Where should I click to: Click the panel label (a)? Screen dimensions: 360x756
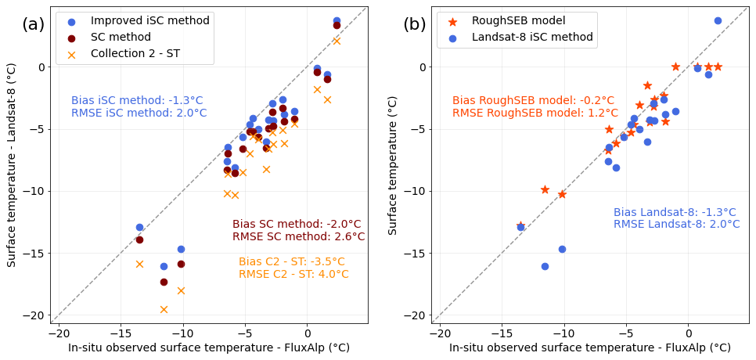point(33,24)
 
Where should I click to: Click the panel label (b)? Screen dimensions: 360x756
point(414,24)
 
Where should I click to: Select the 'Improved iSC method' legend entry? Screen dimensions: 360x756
point(149,20)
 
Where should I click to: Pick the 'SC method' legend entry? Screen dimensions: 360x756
point(120,38)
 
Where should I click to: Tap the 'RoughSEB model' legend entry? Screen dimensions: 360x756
point(518,20)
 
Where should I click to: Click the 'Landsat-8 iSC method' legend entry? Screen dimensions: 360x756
point(532,37)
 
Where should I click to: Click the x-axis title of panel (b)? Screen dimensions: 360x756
point(589,347)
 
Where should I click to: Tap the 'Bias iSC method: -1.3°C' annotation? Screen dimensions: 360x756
point(137,100)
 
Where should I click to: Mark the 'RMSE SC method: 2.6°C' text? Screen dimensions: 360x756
point(298,236)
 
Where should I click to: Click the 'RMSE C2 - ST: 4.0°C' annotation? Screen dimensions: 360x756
point(293,274)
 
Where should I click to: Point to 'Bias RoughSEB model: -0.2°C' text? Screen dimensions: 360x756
point(533,100)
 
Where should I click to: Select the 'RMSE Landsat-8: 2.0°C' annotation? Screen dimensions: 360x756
point(676,224)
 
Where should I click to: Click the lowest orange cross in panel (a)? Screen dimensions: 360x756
point(164,309)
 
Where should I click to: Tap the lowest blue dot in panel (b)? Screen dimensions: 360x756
point(545,266)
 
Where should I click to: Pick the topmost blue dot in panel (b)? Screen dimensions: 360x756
point(718,20)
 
